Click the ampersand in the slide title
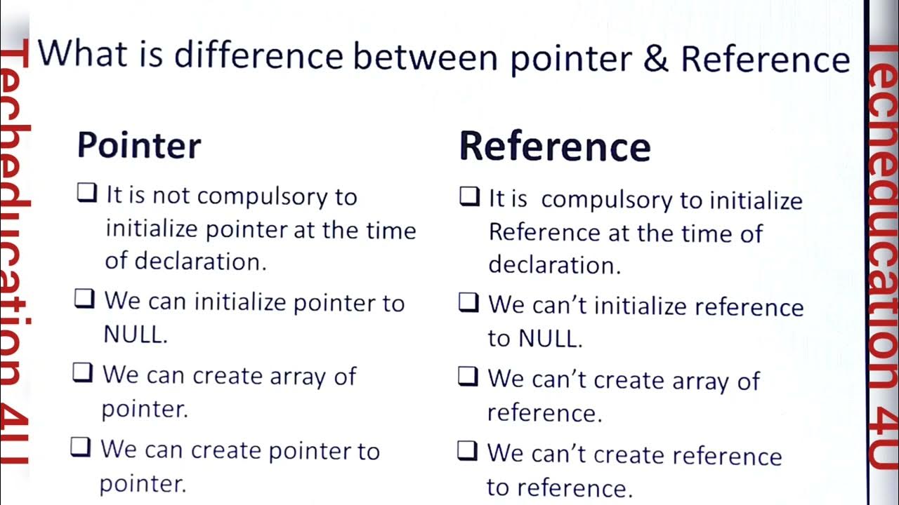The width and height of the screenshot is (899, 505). point(656,59)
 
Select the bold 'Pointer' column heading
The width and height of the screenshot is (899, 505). point(139,145)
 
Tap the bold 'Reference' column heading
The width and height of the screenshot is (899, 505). point(555,147)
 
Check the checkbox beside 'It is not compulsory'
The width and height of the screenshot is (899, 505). point(86,193)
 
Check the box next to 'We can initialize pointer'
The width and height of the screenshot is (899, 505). point(84,299)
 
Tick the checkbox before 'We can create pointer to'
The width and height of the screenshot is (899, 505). point(81,447)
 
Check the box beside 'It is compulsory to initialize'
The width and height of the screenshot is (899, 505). point(469,196)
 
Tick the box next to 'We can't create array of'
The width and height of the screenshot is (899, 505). point(468,377)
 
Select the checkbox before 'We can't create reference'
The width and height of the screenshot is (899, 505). point(467,450)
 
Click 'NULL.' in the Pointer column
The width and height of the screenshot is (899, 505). point(136,335)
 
